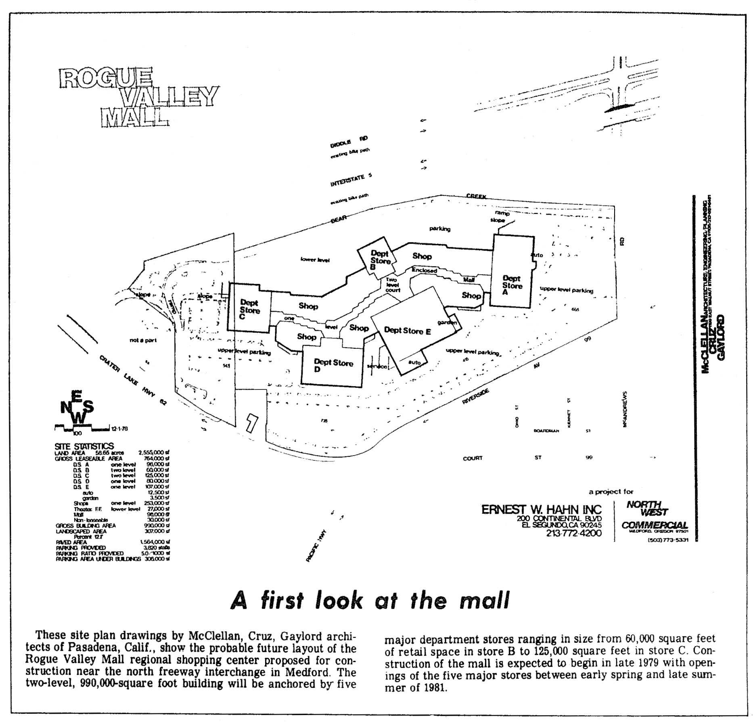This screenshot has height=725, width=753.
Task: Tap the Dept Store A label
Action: pos(512,285)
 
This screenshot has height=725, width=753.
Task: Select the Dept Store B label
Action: pos(380,260)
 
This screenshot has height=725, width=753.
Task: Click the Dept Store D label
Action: pos(333,365)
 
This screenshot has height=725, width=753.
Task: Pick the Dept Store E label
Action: pos(407,331)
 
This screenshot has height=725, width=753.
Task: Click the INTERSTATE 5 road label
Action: pos(351,180)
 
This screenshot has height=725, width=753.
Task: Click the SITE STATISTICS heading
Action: pos(84,446)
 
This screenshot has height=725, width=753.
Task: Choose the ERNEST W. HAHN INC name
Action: pos(541,509)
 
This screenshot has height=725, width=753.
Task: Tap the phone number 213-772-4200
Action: pos(573,533)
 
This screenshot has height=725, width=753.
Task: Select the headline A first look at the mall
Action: pos(370,600)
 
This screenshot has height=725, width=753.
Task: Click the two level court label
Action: pos(392,285)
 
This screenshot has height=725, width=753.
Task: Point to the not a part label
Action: pos(143,340)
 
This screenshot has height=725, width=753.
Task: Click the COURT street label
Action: pos(473,458)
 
